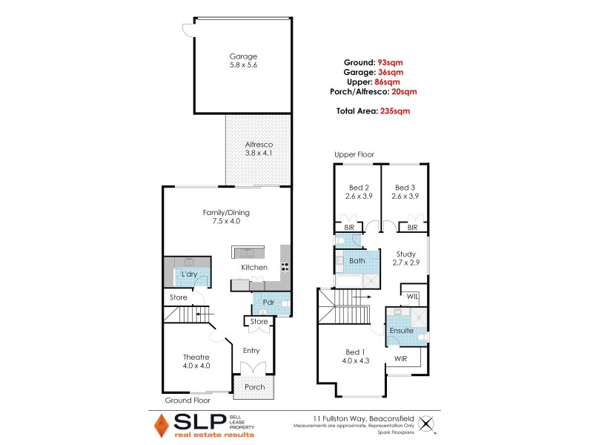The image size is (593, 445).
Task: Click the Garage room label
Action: point(243,56)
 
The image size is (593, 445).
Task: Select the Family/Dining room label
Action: point(225,213)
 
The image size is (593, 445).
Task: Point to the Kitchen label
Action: point(254,267)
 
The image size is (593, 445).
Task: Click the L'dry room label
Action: point(189,275)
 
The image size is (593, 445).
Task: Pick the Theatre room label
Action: point(196,357)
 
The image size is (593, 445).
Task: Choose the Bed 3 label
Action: point(405,188)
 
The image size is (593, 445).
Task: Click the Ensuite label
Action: point(401,330)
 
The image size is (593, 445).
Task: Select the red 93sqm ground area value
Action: point(391,62)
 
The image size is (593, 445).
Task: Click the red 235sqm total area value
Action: point(394,111)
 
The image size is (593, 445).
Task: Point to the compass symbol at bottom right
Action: point(425,424)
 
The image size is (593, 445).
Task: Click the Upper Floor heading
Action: point(354,154)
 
